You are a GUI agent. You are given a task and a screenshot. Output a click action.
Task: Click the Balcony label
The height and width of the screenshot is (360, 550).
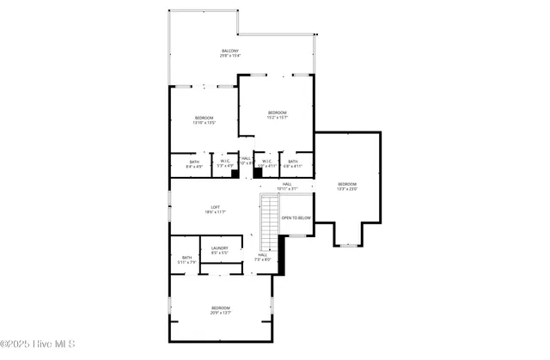coord(229,53)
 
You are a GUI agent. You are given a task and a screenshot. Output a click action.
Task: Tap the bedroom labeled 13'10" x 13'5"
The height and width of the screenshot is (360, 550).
coord(204,119)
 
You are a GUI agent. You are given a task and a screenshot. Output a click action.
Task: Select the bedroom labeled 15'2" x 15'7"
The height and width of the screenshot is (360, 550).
coord(277,115)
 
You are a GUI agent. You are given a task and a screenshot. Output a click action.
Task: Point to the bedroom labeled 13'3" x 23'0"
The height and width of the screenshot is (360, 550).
coord(346,186)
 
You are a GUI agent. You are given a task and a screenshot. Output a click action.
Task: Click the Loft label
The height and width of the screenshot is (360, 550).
coord(216,209)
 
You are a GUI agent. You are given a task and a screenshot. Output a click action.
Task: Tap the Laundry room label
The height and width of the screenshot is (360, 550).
coord(219,250)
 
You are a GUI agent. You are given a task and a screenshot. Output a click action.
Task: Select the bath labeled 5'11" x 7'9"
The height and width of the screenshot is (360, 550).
coord(186,259)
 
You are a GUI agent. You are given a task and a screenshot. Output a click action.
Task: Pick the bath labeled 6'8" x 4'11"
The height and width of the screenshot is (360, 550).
coord(293,164)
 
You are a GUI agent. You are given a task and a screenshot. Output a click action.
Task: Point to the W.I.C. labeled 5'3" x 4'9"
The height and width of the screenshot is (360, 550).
coord(224,164)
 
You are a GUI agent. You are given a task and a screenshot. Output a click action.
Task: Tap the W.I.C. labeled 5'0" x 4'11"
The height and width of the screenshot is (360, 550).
coord(266,164)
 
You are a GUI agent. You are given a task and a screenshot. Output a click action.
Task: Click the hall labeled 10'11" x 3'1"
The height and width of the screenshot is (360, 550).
coord(287,186)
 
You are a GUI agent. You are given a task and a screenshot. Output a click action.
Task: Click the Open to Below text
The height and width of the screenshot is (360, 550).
coord(296,218)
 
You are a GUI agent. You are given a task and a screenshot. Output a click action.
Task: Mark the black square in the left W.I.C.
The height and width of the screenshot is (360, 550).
coord(234,173)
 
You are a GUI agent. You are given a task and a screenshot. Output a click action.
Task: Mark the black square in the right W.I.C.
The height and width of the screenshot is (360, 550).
coord(257,173)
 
